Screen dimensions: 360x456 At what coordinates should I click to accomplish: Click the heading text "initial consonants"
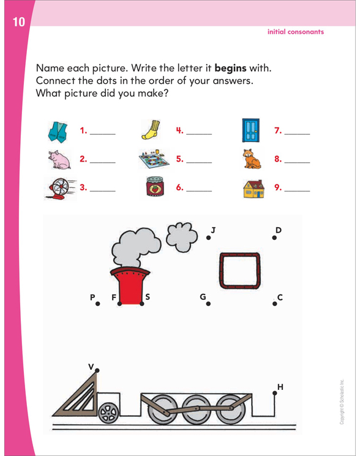[295, 31]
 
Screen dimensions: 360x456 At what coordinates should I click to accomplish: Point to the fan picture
[59, 187]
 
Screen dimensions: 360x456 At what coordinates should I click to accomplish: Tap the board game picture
[153, 159]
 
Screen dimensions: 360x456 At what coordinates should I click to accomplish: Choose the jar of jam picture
[154, 188]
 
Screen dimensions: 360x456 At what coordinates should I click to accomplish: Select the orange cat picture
[251, 159]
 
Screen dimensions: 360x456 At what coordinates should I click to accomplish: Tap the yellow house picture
[252, 188]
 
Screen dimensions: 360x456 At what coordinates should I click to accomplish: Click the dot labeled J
[208, 237]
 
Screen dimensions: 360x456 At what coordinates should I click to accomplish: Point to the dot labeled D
[274, 238]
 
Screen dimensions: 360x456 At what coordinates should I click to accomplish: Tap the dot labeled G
[208, 303]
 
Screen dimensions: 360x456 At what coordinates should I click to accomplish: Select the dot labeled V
[97, 371]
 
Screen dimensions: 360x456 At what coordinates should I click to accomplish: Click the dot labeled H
[274, 392]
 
